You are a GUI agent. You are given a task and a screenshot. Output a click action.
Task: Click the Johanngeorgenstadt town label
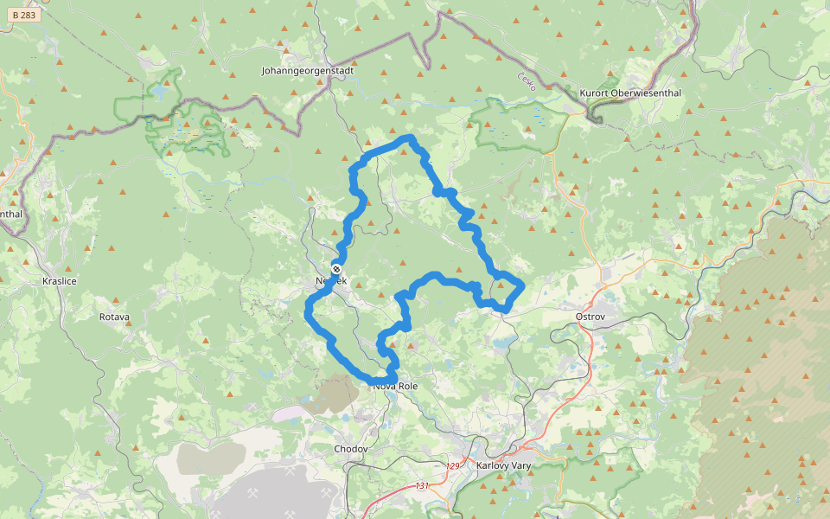tap(314, 70)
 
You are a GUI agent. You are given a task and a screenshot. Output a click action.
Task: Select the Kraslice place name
tap(60, 282)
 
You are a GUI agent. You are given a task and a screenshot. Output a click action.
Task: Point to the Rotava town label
tap(114, 317)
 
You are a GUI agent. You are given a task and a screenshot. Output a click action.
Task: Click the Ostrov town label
tap(590, 317)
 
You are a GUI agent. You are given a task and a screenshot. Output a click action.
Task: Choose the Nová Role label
tap(395, 386)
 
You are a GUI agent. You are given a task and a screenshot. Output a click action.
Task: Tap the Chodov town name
tap(351, 449)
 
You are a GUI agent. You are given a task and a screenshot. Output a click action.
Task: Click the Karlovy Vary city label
tap(504, 465)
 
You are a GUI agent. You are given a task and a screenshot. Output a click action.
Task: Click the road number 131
tap(422, 486)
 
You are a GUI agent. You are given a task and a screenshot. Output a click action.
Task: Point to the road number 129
tap(452, 466)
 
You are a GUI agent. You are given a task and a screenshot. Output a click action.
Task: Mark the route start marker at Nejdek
tap(336, 268)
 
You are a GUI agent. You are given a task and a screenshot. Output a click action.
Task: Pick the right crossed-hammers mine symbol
tap(327, 493)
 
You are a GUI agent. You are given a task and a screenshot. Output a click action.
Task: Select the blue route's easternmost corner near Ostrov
tap(523, 286)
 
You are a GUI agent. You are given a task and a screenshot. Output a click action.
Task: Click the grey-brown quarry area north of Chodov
tap(329, 393)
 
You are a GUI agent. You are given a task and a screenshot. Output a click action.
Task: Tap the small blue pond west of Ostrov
tap(501, 343)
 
